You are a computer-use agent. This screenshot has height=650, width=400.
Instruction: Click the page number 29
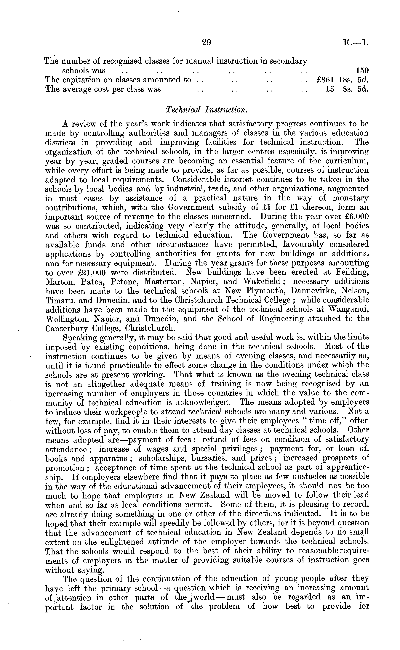[x=206, y=42]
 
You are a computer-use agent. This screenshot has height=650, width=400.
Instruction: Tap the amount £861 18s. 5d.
[x=342, y=80]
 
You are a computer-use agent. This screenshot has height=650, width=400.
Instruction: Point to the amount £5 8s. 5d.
[x=347, y=89]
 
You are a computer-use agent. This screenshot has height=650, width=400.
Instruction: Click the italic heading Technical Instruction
[x=206, y=110]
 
